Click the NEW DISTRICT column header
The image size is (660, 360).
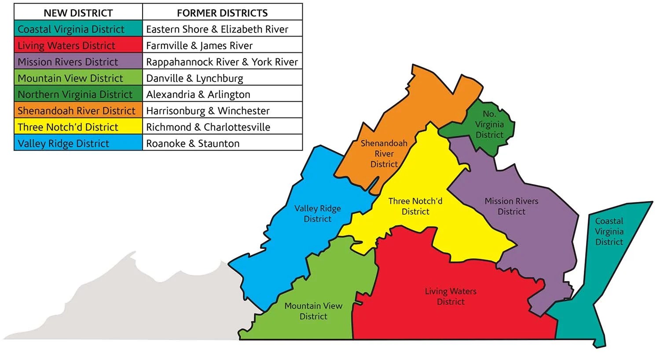pyautogui.click(x=78, y=13)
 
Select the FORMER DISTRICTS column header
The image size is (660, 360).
pyautogui.click(x=222, y=13)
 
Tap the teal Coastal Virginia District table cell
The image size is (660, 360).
pyautogui.click(x=78, y=29)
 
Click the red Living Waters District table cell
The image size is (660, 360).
pyautogui.click(x=78, y=45)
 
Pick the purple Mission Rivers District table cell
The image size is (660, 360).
pyautogui.click(x=78, y=62)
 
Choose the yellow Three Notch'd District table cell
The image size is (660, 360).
pyautogui.click(x=78, y=127)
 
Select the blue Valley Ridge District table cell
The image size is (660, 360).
pyautogui.click(x=78, y=143)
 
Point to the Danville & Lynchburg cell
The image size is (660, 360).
pyautogui.click(x=222, y=78)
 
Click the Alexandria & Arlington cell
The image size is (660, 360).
pyautogui.click(x=222, y=94)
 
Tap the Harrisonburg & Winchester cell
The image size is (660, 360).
pyautogui.click(x=222, y=110)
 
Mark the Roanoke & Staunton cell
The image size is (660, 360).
pyautogui.click(x=222, y=143)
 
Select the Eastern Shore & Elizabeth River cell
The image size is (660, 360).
pyautogui.click(x=222, y=29)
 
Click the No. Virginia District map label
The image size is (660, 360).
pyautogui.click(x=489, y=124)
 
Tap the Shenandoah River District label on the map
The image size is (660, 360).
pyautogui.click(x=384, y=154)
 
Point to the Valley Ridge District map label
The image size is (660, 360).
pyautogui.click(x=317, y=213)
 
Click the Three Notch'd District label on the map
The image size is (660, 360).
pyautogui.click(x=415, y=206)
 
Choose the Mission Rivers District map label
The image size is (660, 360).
pyautogui.click(x=511, y=206)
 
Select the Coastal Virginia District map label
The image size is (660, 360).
pyautogui.click(x=609, y=231)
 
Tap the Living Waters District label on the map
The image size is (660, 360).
pyautogui.click(x=451, y=296)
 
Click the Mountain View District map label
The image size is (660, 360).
pyautogui.click(x=313, y=311)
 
